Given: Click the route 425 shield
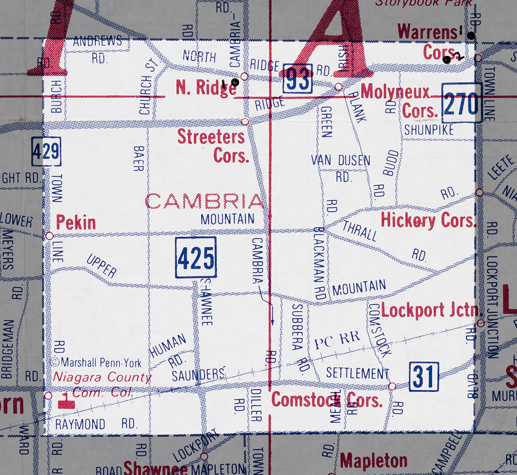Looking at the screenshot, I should (196, 257).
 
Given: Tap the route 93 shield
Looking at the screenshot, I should (297, 78).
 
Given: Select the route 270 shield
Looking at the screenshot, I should (461, 103).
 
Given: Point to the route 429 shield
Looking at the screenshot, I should (46, 152).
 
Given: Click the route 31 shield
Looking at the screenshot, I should (424, 376).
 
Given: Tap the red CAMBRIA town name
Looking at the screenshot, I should (204, 201).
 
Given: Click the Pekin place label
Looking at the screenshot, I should (76, 223).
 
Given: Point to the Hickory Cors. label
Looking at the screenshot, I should (428, 220).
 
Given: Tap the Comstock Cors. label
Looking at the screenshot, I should (327, 400).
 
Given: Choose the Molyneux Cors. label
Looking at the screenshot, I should (399, 101).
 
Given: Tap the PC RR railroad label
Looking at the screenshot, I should (336, 341).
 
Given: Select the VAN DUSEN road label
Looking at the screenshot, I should (341, 161).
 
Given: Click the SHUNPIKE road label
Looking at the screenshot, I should (429, 130).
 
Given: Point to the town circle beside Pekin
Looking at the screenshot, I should (50, 236).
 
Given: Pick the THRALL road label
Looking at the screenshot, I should (360, 231).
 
